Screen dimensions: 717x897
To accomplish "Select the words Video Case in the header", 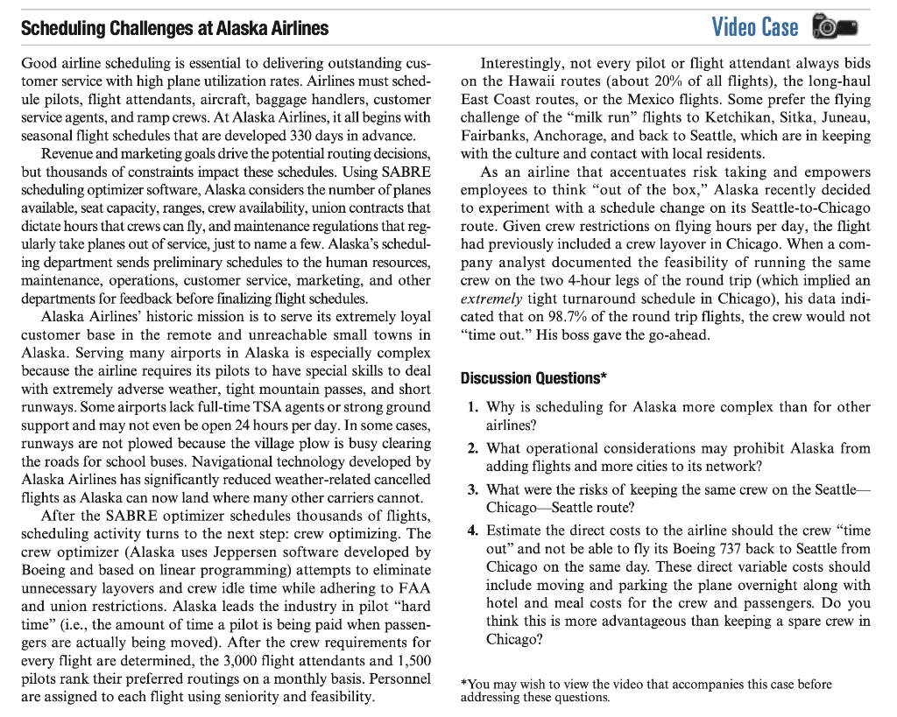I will (x=754, y=27).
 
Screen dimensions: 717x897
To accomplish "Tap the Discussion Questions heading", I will (x=533, y=378).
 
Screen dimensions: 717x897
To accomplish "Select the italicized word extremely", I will (x=492, y=299).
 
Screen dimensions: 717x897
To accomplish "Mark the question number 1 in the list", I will (x=472, y=407).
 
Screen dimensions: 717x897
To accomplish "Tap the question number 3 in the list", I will (x=472, y=489).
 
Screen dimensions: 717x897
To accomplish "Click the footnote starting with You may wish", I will (x=646, y=690).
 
